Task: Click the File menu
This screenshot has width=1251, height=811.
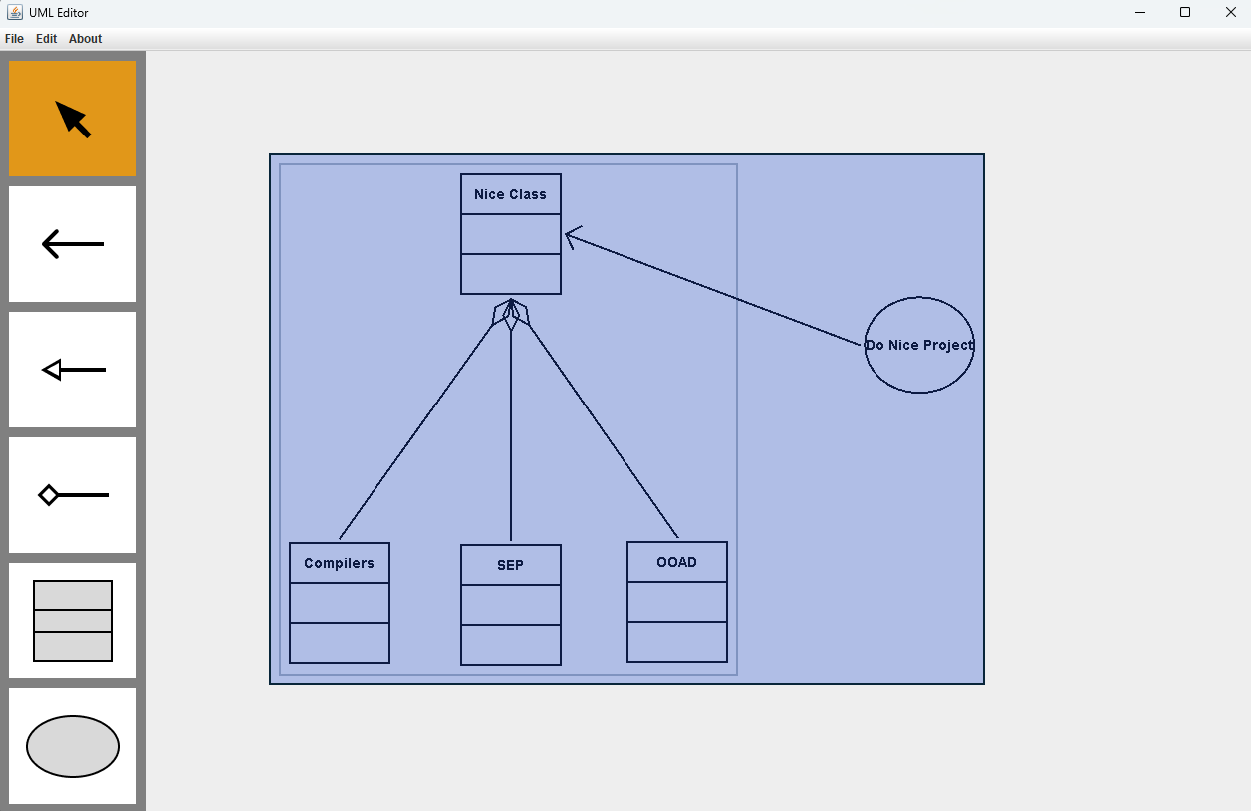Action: [x=14, y=39]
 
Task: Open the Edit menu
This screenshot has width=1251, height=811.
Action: [x=46, y=39]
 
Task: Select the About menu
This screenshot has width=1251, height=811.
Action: [x=85, y=39]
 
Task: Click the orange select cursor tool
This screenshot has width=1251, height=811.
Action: [x=73, y=119]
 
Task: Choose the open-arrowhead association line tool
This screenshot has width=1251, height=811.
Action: [x=73, y=244]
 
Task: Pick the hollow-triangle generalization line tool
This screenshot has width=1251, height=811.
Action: [x=73, y=370]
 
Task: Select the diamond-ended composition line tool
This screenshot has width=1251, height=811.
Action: [x=73, y=495]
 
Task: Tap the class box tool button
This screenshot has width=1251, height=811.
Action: [x=73, y=621]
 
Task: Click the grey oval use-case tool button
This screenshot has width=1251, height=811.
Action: [x=73, y=746]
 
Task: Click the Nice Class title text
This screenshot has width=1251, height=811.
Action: [x=510, y=194]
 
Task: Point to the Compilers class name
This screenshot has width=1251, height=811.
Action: [x=339, y=563]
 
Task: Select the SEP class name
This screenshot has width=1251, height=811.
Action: [x=510, y=565]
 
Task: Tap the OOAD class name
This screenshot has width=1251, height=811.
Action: [x=676, y=562]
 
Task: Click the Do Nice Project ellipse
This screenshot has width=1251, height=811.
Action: [x=918, y=345]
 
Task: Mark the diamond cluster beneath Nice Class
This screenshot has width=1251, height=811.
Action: [x=511, y=314]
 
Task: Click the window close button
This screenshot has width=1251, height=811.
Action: [x=1230, y=12]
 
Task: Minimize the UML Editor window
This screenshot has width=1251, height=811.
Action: [x=1139, y=12]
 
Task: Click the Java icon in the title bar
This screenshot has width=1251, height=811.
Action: [x=15, y=12]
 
